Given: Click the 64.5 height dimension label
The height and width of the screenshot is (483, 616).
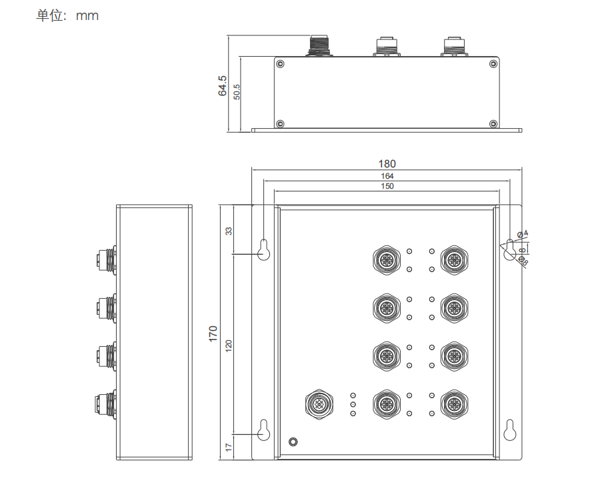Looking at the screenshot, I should [223, 86].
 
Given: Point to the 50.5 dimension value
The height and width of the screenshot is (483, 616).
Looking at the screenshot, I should [237, 91].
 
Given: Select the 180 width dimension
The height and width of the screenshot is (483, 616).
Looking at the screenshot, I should [387, 163].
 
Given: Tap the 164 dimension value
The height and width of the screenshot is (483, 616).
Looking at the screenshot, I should [387, 176].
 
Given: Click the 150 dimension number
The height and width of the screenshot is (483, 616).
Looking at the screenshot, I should [387, 186].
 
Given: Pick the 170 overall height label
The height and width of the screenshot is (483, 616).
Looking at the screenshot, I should [213, 333].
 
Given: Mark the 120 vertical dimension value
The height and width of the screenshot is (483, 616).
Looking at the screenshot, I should [229, 345].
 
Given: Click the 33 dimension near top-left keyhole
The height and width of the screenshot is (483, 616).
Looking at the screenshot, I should [229, 231].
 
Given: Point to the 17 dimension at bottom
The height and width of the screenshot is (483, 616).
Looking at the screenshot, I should [229, 446].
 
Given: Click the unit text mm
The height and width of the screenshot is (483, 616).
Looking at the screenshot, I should [87, 15].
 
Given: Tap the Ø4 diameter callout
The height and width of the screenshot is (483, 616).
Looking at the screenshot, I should [523, 233].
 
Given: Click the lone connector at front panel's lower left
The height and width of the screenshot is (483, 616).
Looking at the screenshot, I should [319, 404].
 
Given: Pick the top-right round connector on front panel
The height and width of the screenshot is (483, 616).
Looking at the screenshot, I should [454, 259].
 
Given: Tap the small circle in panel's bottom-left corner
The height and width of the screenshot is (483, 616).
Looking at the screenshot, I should [292, 442].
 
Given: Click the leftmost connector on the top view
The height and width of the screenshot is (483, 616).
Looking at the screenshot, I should [319, 46].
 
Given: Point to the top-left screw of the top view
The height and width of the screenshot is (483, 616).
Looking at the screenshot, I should [280, 64].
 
